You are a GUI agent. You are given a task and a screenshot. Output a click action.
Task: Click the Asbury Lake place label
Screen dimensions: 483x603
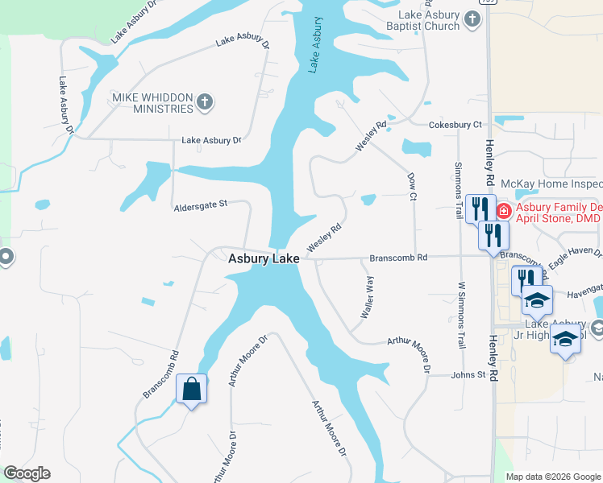264,258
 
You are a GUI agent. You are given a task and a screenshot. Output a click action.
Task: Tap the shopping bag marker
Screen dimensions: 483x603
192,390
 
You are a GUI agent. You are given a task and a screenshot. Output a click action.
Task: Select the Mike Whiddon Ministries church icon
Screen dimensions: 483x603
205,102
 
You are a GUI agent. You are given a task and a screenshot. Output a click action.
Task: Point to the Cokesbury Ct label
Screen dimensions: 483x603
455,125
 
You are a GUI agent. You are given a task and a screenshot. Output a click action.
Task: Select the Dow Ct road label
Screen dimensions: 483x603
412,186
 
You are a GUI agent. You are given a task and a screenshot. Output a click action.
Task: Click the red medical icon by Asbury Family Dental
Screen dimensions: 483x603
503,211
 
